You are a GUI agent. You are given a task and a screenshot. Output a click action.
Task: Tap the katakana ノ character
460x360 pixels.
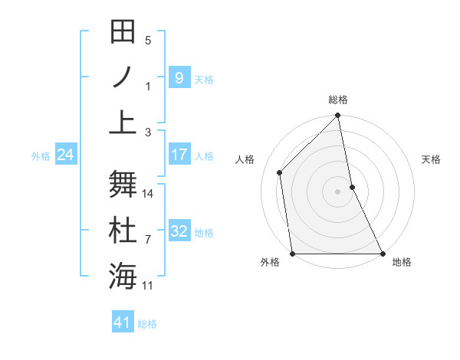[123, 77]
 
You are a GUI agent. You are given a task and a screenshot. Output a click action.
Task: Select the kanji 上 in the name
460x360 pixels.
[123, 122]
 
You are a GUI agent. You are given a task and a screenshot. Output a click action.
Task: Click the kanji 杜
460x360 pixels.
[123, 231]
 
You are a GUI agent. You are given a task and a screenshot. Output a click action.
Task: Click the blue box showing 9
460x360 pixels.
[179, 77]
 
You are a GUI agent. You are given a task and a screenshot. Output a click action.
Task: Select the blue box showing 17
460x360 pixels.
[179, 155]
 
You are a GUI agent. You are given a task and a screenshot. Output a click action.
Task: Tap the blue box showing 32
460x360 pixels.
[179, 231]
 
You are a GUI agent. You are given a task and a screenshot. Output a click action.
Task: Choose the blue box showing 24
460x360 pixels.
[66, 155]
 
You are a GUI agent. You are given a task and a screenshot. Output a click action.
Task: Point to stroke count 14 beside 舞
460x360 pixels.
[149, 194]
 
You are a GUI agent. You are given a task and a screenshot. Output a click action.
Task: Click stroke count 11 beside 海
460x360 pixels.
[149, 286]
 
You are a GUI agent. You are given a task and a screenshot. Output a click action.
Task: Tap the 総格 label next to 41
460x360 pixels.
[147, 324]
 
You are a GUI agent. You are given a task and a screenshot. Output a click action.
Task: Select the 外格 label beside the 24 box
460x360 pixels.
[41, 156]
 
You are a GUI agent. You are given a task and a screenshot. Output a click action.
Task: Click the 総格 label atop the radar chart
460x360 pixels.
[338, 100]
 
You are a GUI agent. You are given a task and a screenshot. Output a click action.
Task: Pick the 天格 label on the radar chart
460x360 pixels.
[432, 159]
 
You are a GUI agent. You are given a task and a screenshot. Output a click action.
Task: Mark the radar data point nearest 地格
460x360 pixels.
[382, 254]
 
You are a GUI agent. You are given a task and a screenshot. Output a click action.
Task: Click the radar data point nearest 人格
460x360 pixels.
[280, 172]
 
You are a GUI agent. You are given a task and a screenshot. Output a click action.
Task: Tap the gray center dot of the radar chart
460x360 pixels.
[338, 191]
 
